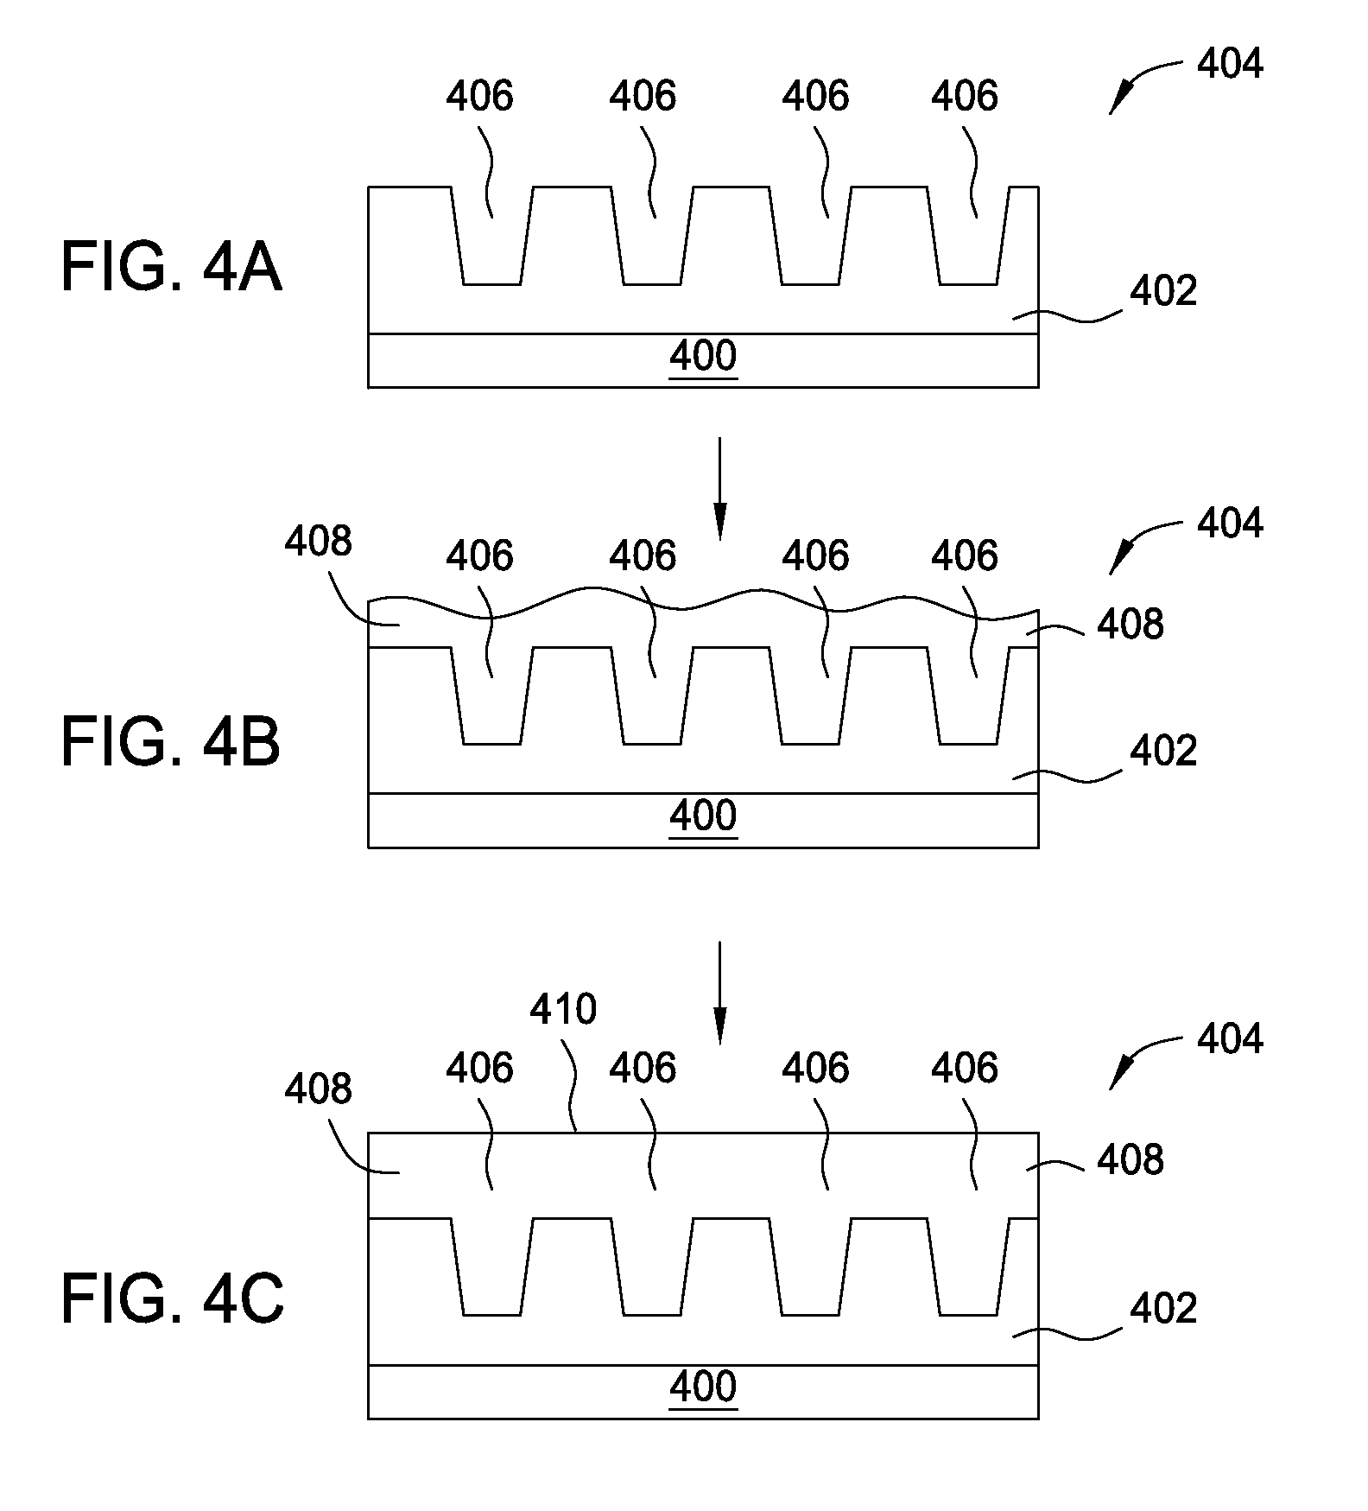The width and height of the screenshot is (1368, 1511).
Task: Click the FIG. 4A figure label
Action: point(171,268)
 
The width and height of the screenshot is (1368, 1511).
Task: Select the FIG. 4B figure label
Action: point(171,744)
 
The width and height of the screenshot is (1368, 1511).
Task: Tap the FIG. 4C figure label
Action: point(172,1300)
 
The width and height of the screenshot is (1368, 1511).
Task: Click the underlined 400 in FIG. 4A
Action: point(703,357)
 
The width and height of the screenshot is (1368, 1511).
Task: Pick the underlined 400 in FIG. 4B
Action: point(703,816)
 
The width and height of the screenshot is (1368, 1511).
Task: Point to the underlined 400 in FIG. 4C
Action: point(703,1387)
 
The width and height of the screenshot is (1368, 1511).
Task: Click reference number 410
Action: point(563,1010)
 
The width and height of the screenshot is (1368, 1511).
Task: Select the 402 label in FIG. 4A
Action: point(1163,292)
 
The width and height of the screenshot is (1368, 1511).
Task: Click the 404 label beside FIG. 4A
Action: point(1230,65)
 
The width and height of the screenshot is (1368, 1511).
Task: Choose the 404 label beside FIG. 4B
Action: point(1230,524)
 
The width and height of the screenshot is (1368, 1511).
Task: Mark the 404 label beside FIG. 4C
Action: point(1230,1038)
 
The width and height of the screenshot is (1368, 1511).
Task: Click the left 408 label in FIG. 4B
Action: point(319,542)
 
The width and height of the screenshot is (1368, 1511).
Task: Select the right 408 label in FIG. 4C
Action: point(1130,1159)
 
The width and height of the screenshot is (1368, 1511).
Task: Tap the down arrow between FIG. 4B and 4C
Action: point(719,994)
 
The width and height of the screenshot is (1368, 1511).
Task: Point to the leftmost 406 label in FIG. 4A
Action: point(479,96)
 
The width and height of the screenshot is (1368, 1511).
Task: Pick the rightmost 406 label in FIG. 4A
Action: point(964,96)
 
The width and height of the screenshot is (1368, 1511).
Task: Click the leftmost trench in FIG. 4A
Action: point(492,246)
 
